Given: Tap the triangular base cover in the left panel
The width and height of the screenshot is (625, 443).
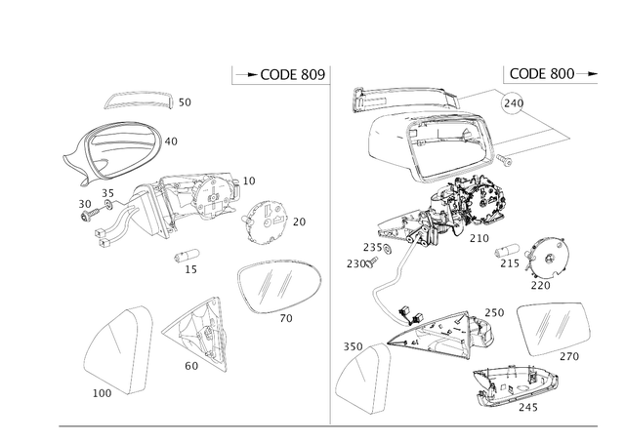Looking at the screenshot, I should pos(200,333).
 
